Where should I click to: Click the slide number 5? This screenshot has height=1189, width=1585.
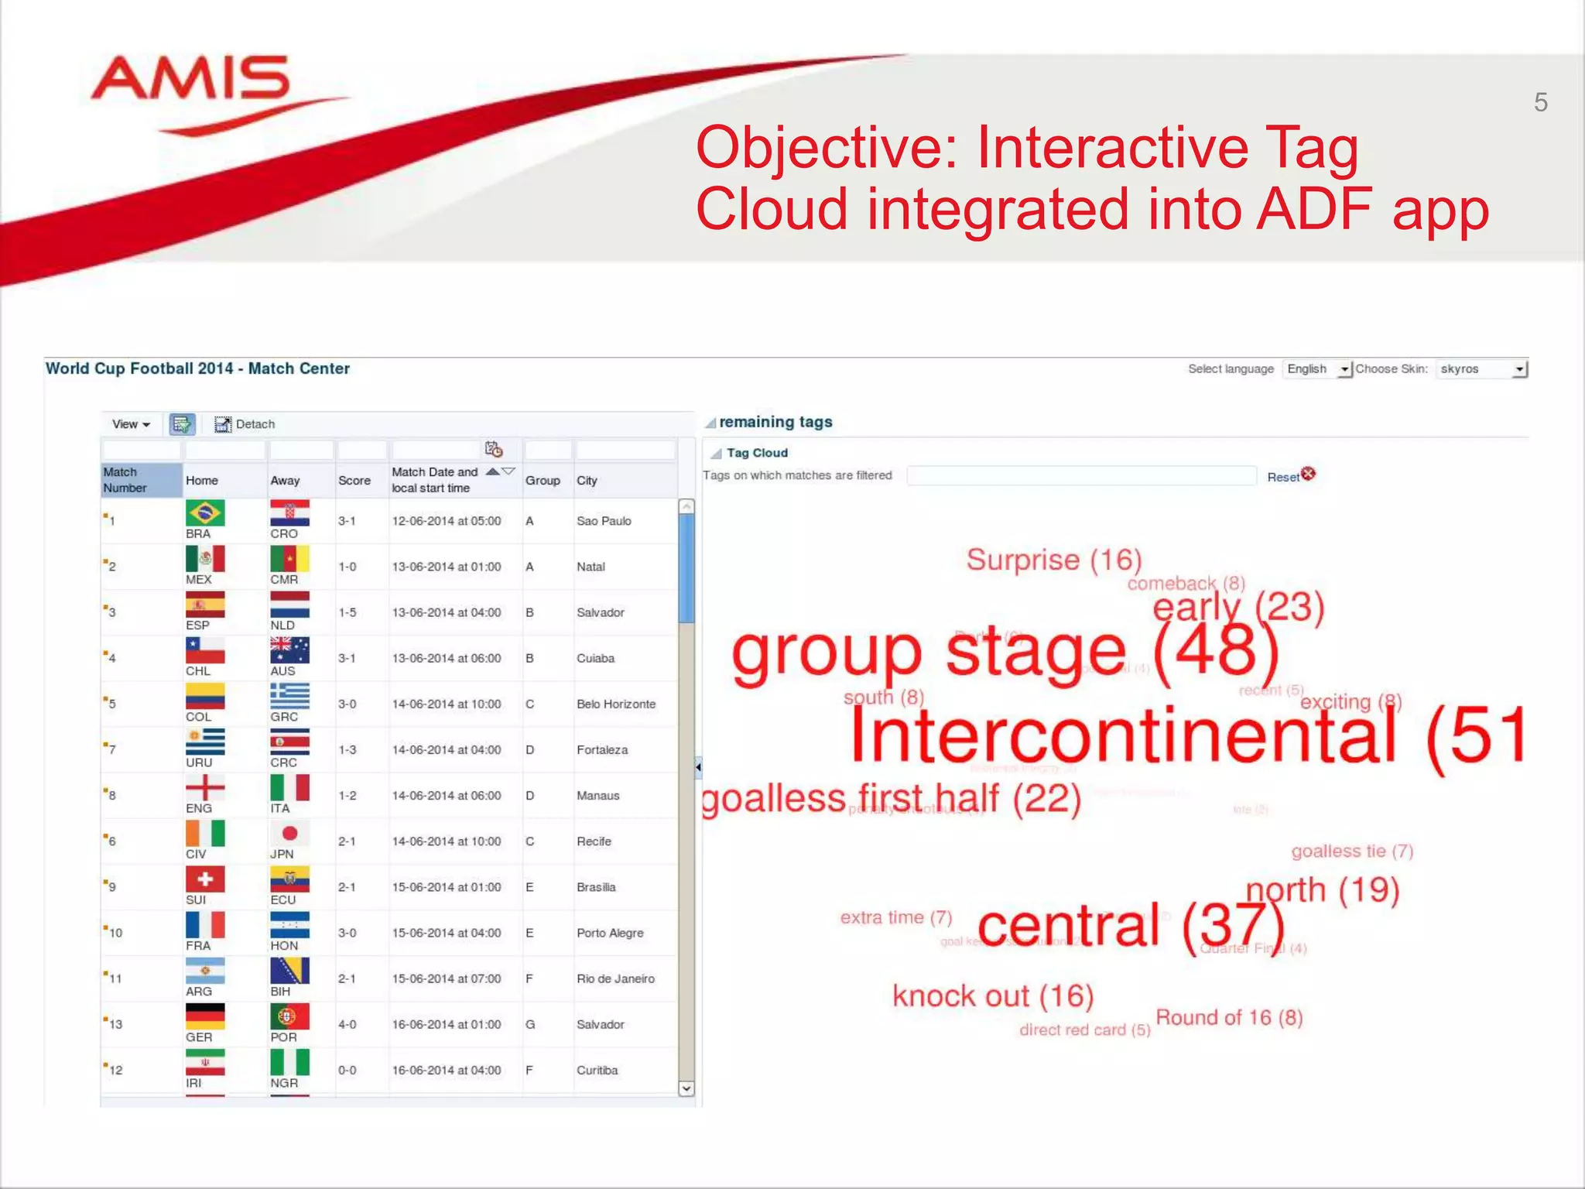click(1540, 102)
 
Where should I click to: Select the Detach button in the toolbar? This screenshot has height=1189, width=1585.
click(245, 424)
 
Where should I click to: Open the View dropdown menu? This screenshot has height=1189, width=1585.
click(131, 424)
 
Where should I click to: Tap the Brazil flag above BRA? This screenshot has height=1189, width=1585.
click(204, 512)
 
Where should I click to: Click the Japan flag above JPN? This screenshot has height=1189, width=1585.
click(289, 833)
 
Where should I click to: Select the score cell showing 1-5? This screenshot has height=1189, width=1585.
click(347, 612)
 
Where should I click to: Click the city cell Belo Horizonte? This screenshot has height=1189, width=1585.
click(615, 704)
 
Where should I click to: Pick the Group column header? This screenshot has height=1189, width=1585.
click(543, 480)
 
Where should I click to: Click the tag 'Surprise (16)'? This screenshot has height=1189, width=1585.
click(1053, 560)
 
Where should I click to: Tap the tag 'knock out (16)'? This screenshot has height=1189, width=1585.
click(992, 995)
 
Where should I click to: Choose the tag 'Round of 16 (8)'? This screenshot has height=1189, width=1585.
click(1228, 1017)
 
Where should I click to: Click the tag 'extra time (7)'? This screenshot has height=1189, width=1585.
click(895, 917)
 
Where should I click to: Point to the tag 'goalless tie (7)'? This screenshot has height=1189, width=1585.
click(1351, 851)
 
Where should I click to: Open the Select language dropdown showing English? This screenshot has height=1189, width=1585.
click(1316, 369)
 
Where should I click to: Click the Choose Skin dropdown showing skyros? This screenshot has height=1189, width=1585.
click(1481, 369)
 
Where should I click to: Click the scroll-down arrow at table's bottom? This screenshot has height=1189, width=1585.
click(686, 1088)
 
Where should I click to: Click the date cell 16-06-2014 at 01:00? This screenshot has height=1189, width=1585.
click(446, 1024)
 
